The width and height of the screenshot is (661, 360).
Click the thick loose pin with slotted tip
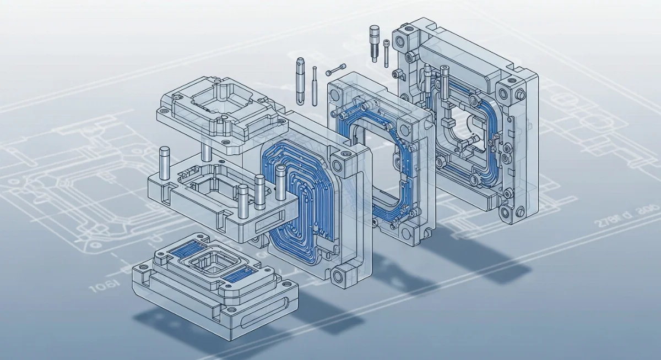(x=300, y=80)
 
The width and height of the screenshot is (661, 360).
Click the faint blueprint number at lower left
(x=104, y=286)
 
